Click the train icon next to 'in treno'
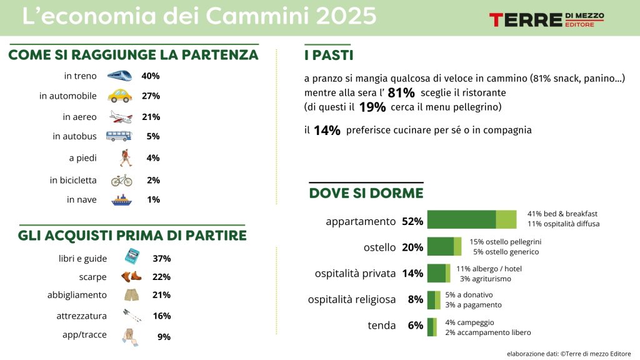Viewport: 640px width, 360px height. click(119, 76)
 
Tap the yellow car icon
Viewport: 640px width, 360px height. click(119, 96)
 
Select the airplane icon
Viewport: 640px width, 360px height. click(120, 117)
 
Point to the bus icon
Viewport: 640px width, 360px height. click(119, 136)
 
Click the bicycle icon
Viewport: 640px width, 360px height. click(121, 180)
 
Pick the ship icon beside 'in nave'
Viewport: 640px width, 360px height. click(121, 200)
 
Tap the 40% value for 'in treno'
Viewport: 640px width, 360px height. click(151, 76)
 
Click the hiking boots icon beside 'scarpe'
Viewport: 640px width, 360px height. click(131, 276)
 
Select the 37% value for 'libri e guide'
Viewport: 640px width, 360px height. click(161, 258)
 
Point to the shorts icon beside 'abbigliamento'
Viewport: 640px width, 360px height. click(131, 294)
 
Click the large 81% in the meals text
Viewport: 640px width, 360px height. click(401, 93)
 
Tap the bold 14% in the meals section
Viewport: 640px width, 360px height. click(327, 131)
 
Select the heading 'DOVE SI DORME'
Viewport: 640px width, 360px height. click(366, 193)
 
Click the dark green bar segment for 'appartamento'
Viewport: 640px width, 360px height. click(461, 220)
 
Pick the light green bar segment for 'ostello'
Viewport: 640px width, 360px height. click(457, 247)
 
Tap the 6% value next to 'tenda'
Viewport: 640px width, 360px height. click(415, 326)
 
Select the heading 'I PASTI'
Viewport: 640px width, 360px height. click(328, 55)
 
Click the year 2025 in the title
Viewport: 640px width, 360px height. click(346, 16)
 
